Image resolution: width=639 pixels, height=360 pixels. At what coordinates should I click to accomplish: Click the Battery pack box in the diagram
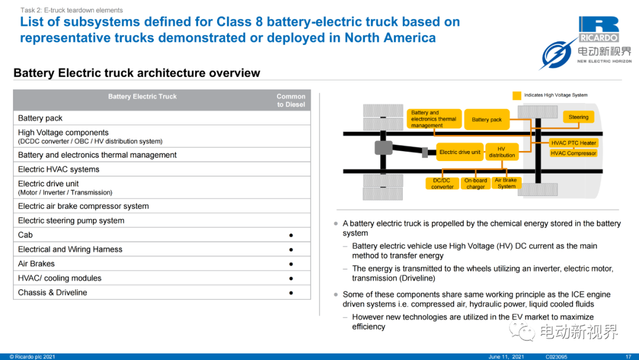click(x=486, y=120)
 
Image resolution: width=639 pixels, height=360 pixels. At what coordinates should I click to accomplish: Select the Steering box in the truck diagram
click(x=578, y=117)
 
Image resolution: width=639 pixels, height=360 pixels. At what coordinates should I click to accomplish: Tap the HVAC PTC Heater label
click(x=573, y=143)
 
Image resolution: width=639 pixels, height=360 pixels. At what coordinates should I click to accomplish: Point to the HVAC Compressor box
click(x=573, y=153)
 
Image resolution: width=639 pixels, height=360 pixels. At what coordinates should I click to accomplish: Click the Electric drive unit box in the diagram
click(x=460, y=152)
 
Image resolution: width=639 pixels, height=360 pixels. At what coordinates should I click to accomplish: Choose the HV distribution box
click(x=502, y=152)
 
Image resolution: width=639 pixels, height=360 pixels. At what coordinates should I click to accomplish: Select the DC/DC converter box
click(x=442, y=184)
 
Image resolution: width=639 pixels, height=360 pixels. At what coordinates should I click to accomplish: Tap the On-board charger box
click(x=476, y=184)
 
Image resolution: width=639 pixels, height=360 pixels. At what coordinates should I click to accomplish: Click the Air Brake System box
click(x=506, y=183)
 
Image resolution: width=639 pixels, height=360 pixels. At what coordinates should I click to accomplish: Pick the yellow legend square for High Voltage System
click(x=517, y=96)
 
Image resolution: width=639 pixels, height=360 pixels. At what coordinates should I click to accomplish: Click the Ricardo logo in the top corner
click(x=599, y=30)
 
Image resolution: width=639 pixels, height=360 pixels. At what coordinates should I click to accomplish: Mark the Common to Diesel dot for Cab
click(x=291, y=235)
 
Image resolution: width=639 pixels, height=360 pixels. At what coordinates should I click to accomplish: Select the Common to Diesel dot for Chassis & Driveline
click(x=291, y=292)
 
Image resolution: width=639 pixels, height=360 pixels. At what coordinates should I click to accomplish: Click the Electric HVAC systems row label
click(x=59, y=169)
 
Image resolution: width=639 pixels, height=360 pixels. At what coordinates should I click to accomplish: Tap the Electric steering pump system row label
click(x=71, y=221)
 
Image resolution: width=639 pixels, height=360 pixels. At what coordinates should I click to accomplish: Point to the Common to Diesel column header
click(x=291, y=100)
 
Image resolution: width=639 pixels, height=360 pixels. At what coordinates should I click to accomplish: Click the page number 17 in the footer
click(x=628, y=356)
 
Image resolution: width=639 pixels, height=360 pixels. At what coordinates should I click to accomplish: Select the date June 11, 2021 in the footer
click(x=506, y=356)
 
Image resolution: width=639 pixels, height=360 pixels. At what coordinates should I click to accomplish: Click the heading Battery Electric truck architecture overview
click(x=137, y=73)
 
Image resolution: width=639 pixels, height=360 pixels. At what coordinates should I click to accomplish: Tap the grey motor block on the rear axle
click(x=383, y=147)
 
